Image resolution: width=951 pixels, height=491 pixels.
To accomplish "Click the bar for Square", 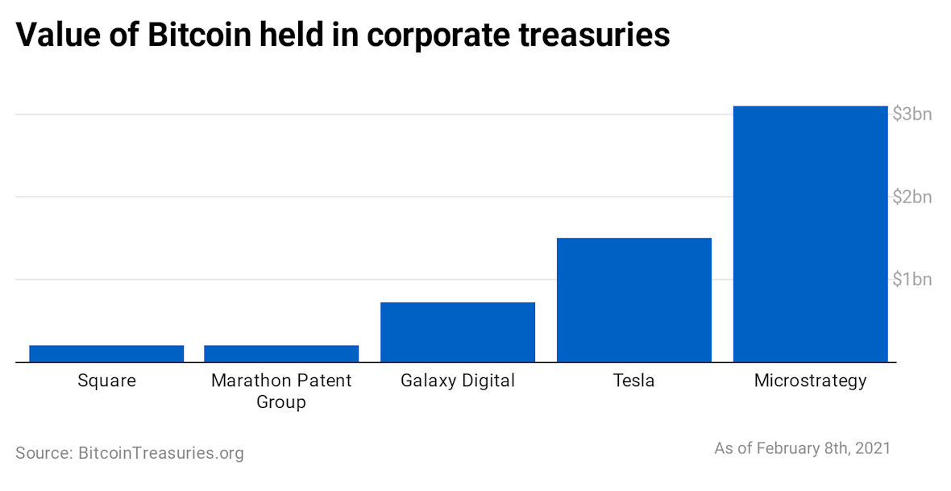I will point(106,353).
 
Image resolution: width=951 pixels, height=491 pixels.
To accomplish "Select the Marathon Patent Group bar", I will point(281,353).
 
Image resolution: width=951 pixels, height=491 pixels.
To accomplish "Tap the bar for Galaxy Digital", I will point(457,331).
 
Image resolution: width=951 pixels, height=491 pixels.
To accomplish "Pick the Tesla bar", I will point(633,299).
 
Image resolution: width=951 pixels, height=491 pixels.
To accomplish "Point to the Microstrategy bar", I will point(810,234).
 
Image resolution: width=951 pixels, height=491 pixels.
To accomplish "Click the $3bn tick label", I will point(912,114).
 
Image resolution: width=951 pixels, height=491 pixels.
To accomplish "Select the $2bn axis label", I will point(912,197).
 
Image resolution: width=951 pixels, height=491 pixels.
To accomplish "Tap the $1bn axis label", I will point(912,280).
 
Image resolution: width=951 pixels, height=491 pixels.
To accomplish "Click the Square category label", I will point(106,381).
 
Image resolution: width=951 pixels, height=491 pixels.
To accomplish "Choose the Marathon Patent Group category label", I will point(281,390).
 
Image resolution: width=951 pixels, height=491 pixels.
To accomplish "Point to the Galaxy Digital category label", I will point(457,381).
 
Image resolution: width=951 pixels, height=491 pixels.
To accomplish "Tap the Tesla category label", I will point(633,381).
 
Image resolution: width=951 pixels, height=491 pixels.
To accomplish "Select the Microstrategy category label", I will point(810,381).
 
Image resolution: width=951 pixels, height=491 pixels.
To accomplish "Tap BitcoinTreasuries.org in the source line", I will point(160,453).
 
